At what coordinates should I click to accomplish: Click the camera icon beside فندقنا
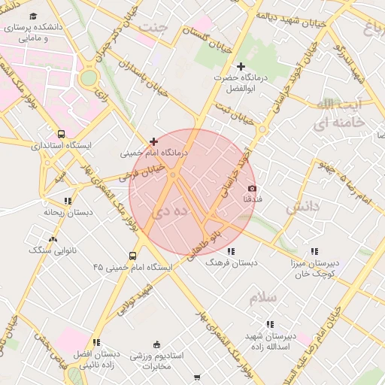(x=252, y=188)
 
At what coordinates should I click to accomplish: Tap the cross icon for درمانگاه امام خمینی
(x=154, y=141)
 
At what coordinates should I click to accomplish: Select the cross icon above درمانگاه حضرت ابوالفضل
(x=241, y=67)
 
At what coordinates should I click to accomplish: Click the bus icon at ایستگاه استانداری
(x=61, y=134)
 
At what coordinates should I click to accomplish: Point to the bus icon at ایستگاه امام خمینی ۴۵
(x=133, y=256)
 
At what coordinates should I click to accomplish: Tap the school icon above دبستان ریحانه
(x=68, y=201)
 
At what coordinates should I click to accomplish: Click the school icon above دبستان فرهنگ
(x=230, y=251)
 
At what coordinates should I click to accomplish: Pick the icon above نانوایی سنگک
(x=51, y=239)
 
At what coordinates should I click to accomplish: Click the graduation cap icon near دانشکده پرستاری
(x=34, y=16)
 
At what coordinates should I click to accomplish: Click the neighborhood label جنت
(x=154, y=28)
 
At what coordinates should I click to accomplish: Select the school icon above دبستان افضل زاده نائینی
(x=96, y=342)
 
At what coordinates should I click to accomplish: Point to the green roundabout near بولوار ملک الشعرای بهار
(x=89, y=77)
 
